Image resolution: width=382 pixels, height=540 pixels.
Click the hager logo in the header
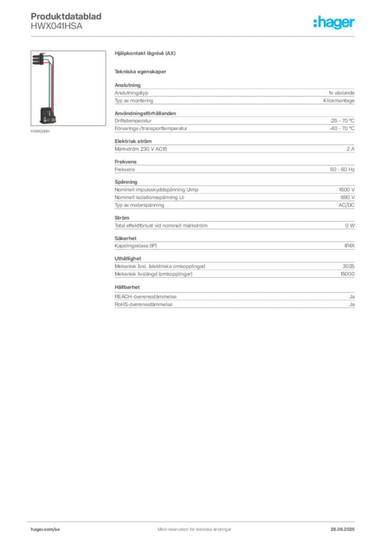pyautogui.click(x=334, y=22)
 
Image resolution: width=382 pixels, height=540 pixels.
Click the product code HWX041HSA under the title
pyautogui.click(x=56, y=26)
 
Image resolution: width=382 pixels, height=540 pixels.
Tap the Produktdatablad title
pyautogui.click(x=66, y=16)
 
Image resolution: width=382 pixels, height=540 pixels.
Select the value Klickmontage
pyautogui.click(x=339, y=101)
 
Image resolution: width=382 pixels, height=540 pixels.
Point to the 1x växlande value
pyautogui.click(x=341, y=93)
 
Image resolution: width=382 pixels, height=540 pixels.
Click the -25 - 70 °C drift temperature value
pyautogui.click(x=342, y=121)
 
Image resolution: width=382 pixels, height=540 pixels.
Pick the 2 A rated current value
pyautogui.click(x=350, y=149)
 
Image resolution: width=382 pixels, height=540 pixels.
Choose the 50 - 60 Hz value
pyautogui.click(x=342, y=169)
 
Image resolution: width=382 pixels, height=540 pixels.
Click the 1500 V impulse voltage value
pyautogui.click(x=347, y=190)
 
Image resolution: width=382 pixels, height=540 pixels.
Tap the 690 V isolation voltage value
pyautogui.click(x=348, y=197)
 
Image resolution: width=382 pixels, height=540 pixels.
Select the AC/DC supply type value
pyautogui.click(x=346, y=205)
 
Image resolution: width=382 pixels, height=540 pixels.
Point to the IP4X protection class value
pyautogui.click(x=349, y=246)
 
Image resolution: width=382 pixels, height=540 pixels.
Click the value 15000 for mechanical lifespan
pyautogui.click(x=347, y=274)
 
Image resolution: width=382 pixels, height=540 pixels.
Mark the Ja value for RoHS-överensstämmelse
pyautogui.click(x=352, y=304)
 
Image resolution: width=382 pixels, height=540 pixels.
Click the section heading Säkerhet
pyautogui.click(x=126, y=238)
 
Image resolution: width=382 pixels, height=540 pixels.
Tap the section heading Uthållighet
pyautogui.click(x=128, y=258)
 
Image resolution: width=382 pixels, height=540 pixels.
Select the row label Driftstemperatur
pyautogui.click(x=133, y=121)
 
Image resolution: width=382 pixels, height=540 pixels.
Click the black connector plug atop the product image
pyautogui.click(x=39, y=59)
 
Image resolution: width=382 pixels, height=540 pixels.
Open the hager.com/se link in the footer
pyautogui.click(x=45, y=529)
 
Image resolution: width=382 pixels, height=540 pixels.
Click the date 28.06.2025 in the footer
pyautogui.click(x=342, y=529)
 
